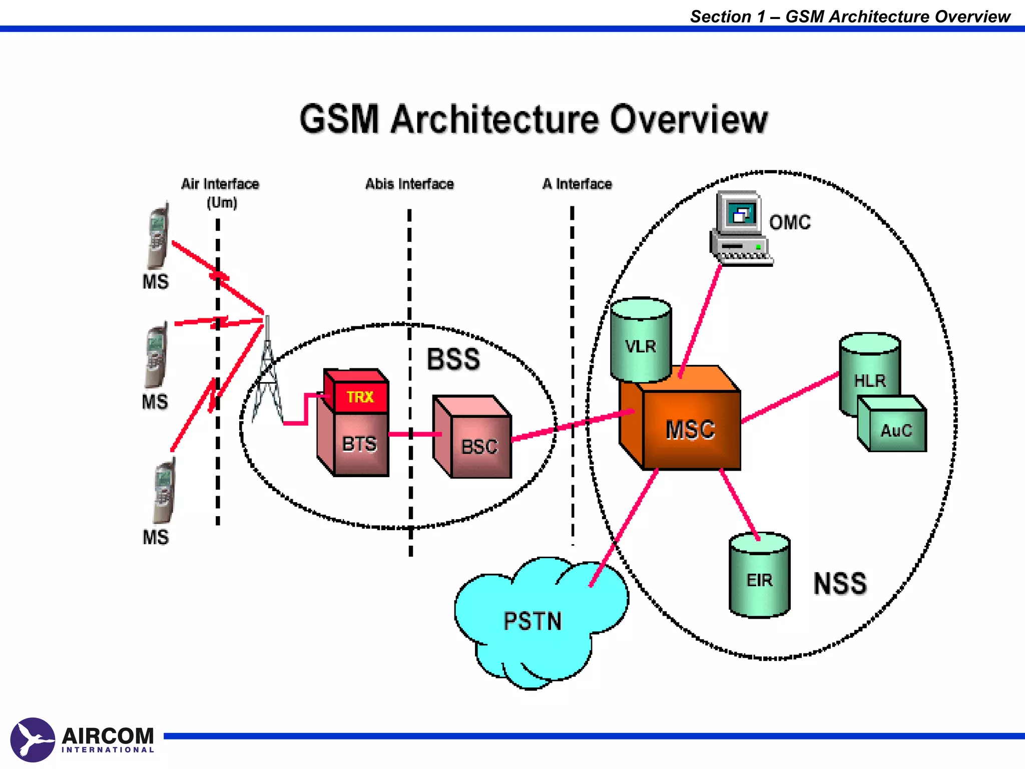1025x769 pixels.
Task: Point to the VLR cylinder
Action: (641, 345)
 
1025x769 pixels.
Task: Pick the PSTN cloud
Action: (533, 621)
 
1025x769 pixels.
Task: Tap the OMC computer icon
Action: (740, 228)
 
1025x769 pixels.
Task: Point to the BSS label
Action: (453, 359)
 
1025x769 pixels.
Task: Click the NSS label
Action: (840, 583)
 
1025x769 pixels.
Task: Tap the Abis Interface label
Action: (409, 184)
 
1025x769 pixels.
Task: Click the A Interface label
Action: (577, 184)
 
